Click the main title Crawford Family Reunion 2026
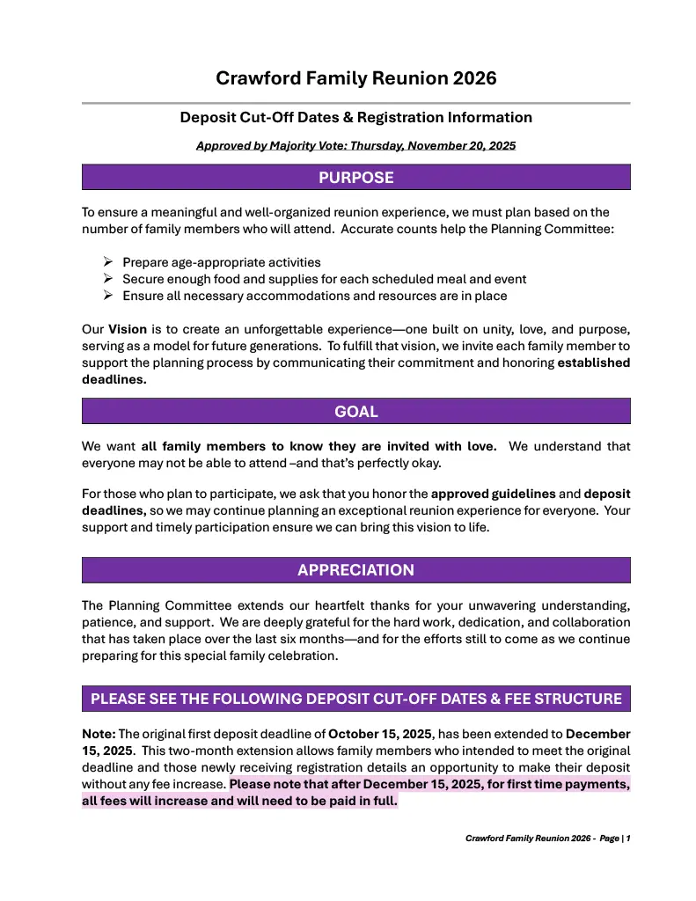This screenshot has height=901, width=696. pyautogui.click(x=355, y=78)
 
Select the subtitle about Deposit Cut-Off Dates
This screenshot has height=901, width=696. pyautogui.click(x=355, y=117)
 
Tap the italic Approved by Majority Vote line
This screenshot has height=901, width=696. pyautogui.click(x=355, y=145)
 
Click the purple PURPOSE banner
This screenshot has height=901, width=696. pyautogui.click(x=355, y=178)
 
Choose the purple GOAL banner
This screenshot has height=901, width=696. pyautogui.click(x=355, y=411)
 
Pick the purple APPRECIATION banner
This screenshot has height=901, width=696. pyautogui.click(x=355, y=570)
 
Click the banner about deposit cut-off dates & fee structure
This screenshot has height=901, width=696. pyautogui.click(x=355, y=700)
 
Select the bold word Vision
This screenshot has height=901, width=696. pyautogui.click(x=128, y=329)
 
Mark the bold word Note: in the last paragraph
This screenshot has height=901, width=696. pyautogui.click(x=99, y=733)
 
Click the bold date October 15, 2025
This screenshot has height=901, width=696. pyautogui.click(x=381, y=733)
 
